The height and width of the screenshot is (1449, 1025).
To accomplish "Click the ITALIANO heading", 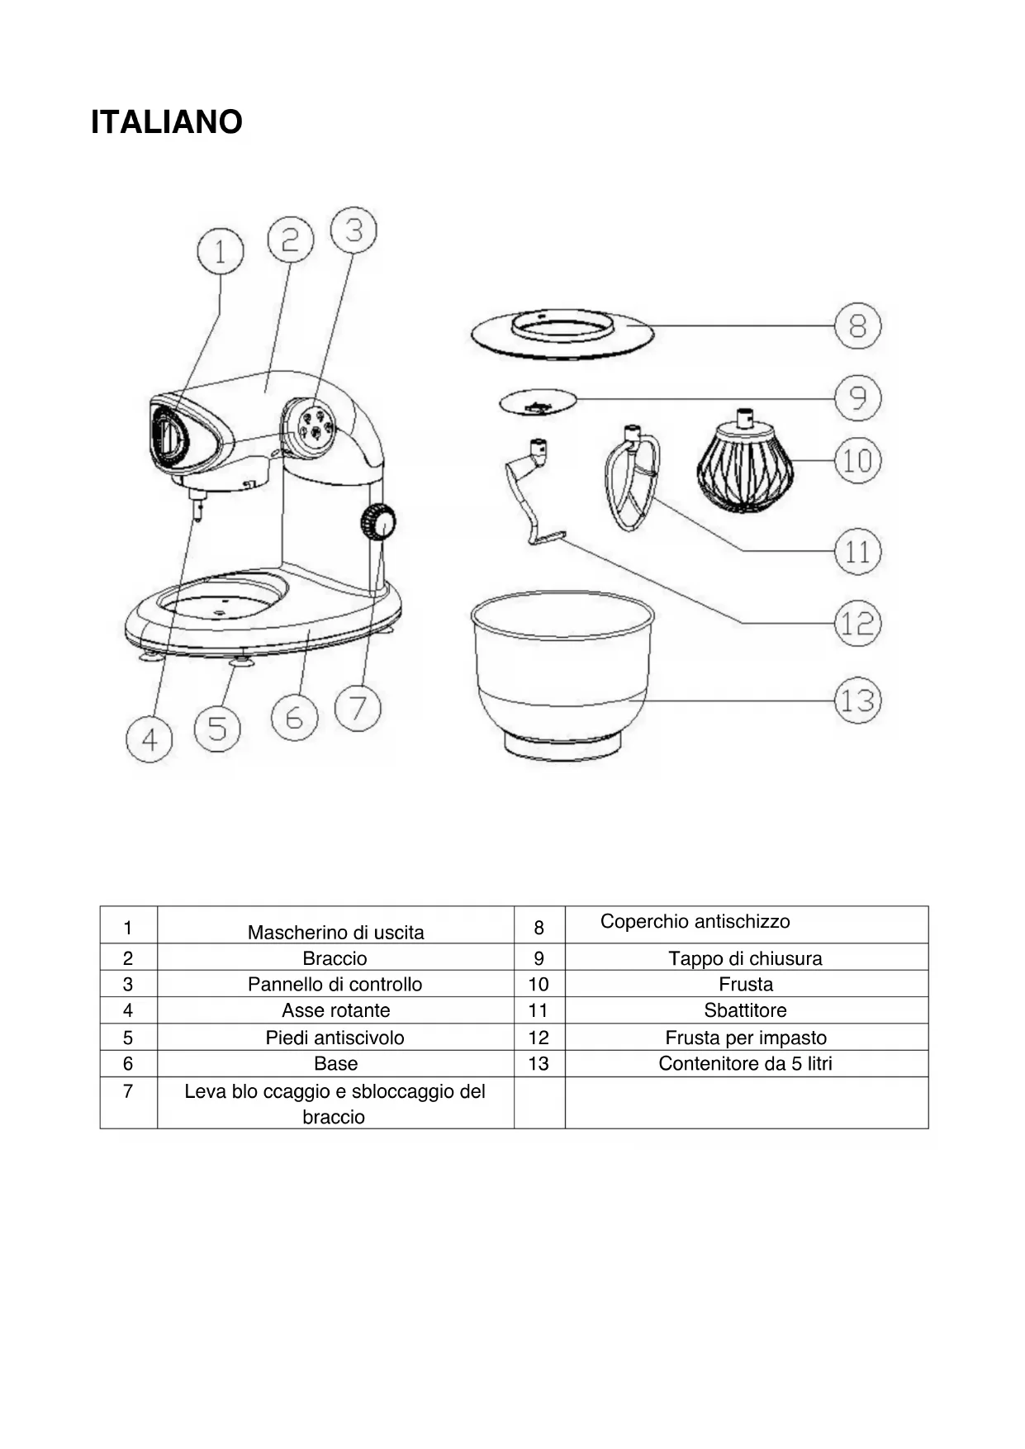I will [166, 122].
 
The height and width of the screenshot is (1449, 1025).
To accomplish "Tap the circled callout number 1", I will [221, 250].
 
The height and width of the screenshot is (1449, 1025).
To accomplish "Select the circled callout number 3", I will [354, 230].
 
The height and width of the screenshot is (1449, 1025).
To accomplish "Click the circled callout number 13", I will [857, 701].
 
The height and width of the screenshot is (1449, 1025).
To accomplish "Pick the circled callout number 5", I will [217, 728].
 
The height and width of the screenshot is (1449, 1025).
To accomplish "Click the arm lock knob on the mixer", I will [377, 522].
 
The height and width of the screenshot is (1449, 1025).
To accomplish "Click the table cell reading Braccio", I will [335, 958].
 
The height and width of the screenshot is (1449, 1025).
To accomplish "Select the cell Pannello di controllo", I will [335, 984].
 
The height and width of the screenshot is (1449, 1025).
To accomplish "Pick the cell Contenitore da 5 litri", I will [745, 1063].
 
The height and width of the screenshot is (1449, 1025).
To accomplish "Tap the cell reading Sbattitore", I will [745, 1010].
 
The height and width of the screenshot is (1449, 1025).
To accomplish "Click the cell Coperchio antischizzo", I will [695, 922].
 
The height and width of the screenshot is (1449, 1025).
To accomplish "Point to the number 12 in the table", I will [539, 1038].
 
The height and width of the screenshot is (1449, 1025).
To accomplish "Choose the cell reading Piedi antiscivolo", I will [335, 1038].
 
